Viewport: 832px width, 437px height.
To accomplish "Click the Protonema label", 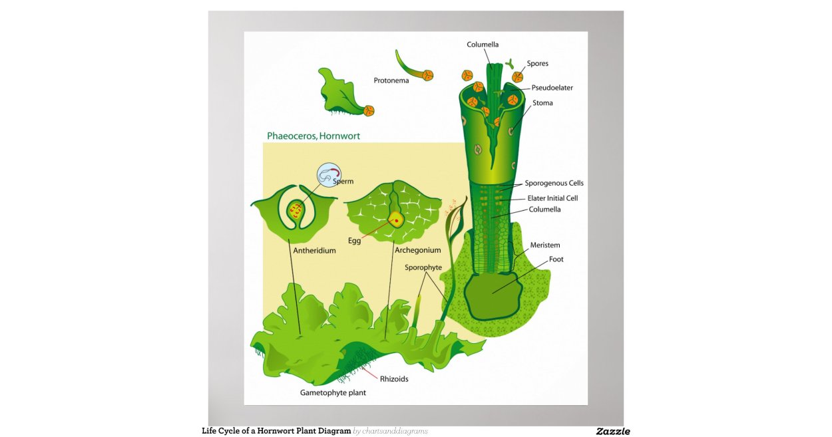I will (391, 80).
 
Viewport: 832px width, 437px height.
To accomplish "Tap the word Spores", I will (538, 64).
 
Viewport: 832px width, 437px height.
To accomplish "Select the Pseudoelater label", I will (552, 88).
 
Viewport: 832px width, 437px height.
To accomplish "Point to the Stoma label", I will (542, 103).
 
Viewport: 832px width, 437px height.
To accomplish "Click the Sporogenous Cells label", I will (554, 183).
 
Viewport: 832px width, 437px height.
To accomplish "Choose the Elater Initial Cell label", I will (552, 198).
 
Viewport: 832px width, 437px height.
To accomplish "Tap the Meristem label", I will (545, 245).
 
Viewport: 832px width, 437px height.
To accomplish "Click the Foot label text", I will (556, 259).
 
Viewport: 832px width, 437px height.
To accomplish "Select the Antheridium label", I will (314, 251).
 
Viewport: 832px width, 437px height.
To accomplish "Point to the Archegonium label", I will (417, 251).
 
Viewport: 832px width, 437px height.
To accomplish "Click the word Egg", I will (354, 241).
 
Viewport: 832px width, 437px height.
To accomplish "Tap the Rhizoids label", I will (394, 379).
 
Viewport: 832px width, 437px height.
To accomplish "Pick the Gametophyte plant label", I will (333, 392).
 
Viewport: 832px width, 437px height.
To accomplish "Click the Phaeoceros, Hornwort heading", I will (313, 136).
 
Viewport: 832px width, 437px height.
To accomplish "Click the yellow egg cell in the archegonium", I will (397, 219).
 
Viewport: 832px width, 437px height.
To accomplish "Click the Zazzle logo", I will (612, 431).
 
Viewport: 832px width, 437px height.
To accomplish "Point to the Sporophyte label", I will (423, 267).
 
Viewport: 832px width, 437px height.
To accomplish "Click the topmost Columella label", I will (483, 45).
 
